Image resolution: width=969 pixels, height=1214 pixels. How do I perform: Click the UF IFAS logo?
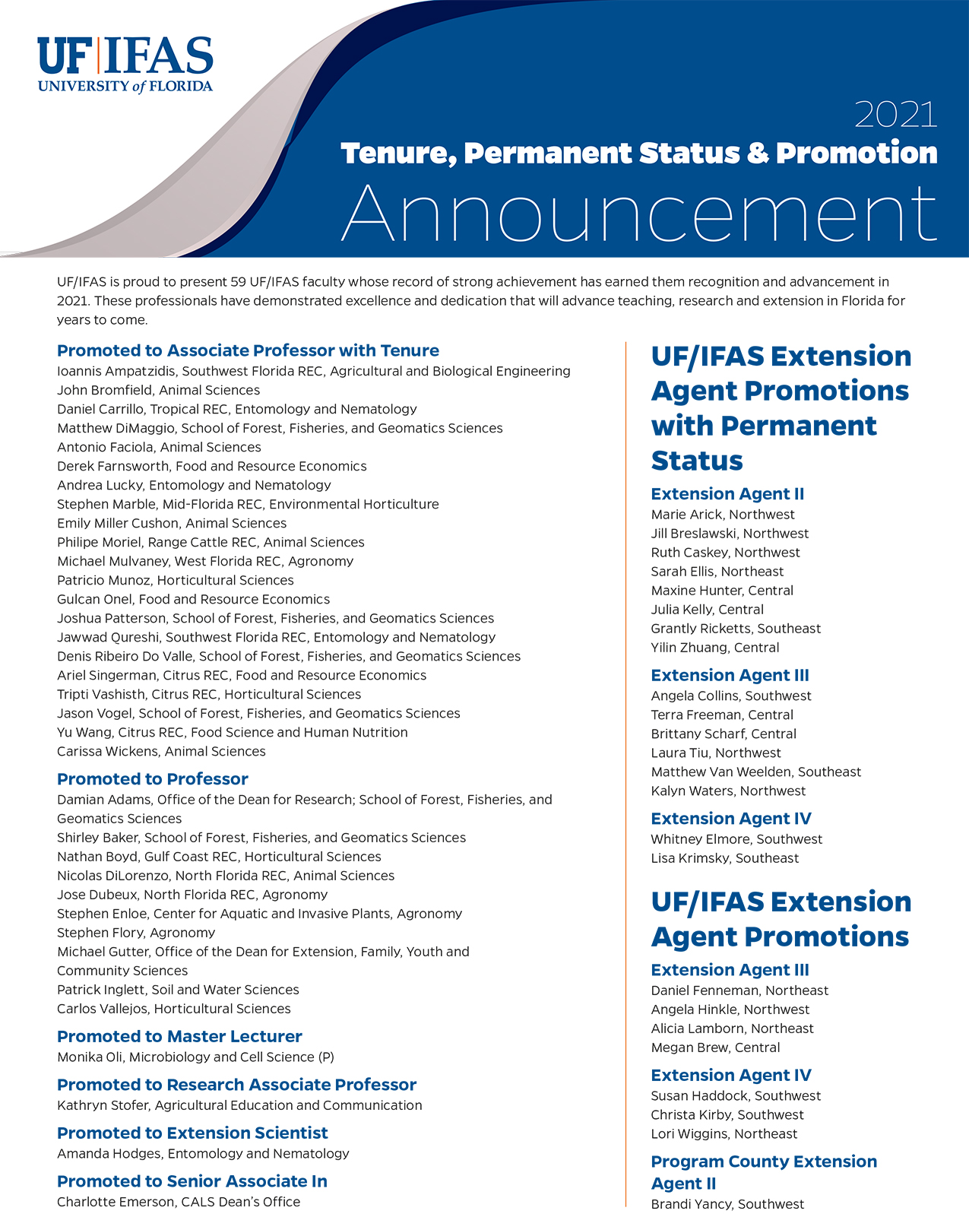click(x=125, y=65)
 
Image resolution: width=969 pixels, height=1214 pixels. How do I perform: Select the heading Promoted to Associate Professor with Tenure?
click(x=248, y=350)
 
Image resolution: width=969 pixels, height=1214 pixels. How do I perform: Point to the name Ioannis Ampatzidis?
click(x=116, y=371)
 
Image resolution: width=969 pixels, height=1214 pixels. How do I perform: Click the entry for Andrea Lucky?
click(x=194, y=485)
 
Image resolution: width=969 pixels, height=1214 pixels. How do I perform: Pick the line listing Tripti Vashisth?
click(x=209, y=694)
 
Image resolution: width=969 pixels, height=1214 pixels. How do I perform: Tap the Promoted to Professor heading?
click(x=153, y=779)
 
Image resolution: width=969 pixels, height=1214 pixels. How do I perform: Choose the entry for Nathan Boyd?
click(x=219, y=857)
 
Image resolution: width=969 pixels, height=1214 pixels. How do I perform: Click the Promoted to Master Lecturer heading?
click(x=179, y=1037)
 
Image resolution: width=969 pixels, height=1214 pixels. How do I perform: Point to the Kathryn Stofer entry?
click(x=239, y=1105)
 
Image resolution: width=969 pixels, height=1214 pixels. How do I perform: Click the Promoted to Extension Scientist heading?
click(x=192, y=1133)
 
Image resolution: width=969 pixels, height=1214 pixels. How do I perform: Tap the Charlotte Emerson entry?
click(x=179, y=1202)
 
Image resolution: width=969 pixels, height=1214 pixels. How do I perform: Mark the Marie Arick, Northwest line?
click(x=723, y=515)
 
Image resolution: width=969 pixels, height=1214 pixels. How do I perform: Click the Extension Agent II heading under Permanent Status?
click(x=727, y=494)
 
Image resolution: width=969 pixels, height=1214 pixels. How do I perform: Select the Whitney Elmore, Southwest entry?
click(x=736, y=839)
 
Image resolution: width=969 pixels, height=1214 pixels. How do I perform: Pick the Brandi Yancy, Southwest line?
click(x=727, y=1204)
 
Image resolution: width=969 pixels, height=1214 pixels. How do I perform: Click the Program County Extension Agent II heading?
click(x=764, y=1172)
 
